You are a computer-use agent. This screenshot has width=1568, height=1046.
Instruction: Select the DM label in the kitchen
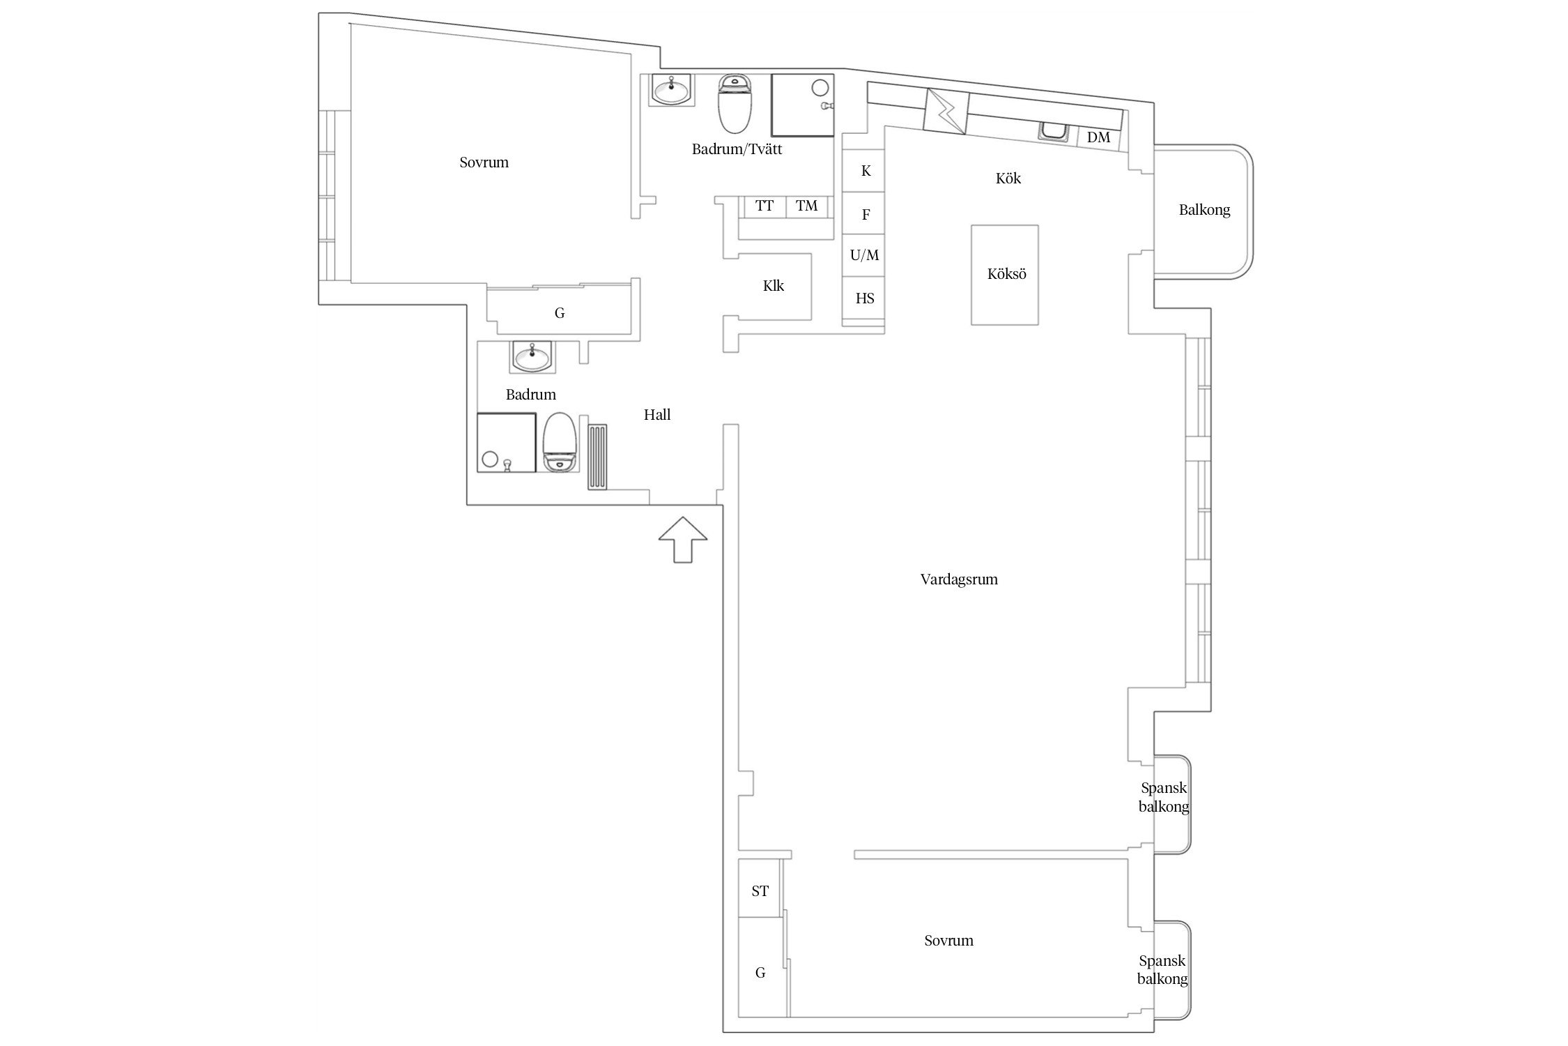point(1098,137)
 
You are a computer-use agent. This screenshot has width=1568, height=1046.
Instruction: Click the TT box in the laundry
point(764,206)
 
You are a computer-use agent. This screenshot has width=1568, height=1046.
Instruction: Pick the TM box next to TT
point(807,206)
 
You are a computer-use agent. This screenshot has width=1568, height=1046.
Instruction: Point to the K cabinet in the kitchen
point(866,171)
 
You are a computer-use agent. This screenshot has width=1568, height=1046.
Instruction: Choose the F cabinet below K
point(866,215)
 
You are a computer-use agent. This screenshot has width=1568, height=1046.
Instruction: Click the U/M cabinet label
point(864,256)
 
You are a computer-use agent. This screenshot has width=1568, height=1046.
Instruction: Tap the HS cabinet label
point(865,298)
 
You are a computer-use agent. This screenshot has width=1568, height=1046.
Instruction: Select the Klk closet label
point(774,286)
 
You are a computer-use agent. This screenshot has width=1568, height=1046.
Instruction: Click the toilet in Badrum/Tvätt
point(735,104)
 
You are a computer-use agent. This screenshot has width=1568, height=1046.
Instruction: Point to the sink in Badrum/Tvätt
point(672,90)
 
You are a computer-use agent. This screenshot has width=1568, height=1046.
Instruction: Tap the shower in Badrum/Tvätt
point(803,105)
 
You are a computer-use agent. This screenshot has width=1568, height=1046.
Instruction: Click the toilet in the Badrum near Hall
point(559,442)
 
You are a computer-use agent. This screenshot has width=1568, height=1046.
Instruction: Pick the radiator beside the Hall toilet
point(598,457)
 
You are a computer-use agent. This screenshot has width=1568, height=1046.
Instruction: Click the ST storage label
point(760,891)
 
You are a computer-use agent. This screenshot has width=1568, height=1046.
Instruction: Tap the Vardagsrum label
point(959,579)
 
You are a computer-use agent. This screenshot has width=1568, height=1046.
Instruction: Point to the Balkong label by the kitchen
point(1204,210)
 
